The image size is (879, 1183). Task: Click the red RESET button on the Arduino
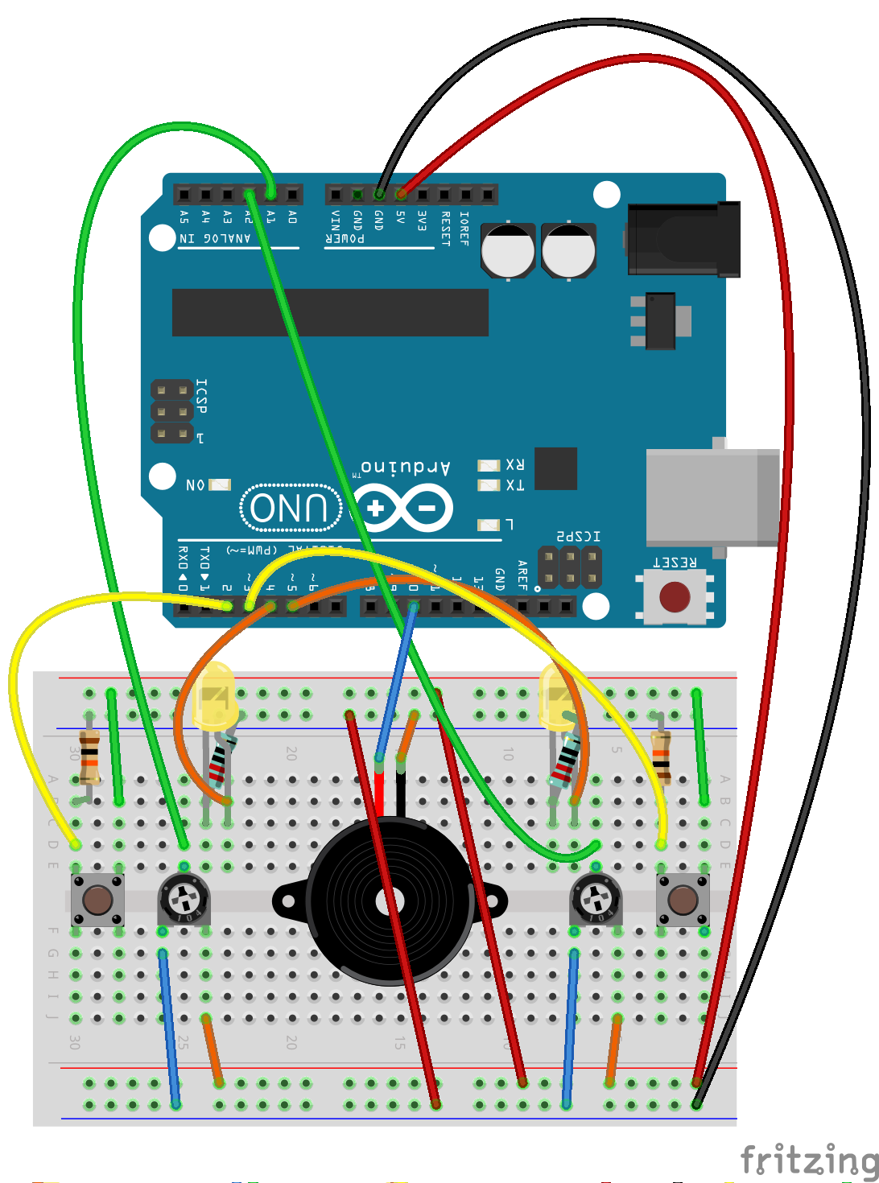(x=675, y=597)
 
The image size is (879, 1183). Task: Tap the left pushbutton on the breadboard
(x=97, y=900)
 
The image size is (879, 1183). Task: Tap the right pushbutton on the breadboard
(x=683, y=900)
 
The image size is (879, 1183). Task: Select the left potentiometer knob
(x=184, y=898)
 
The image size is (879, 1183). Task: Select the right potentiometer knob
(x=596, y=898)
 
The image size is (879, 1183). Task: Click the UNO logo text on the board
(x=290, y=508)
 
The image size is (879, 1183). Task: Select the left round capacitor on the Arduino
(x=508, y=250)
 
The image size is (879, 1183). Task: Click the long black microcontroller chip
(x=330, y=312)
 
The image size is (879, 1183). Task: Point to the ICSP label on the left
(x=201, y=396)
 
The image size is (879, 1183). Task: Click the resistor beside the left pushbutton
(x=89, y=756)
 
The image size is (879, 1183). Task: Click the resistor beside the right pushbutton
(x=661, y=756)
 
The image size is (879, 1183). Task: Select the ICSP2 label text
(x=578, y=536)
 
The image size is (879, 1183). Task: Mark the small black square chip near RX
(x=555, y=468)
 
